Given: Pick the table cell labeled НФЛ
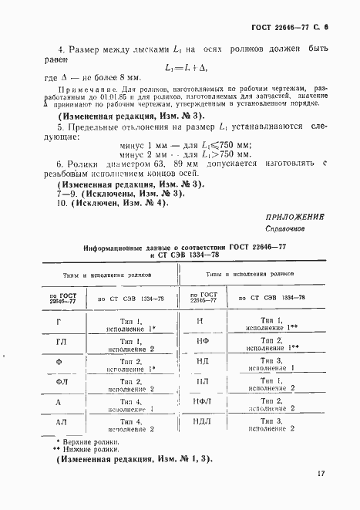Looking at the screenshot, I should click(201, 402).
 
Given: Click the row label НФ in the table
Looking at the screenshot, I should click(201, 341).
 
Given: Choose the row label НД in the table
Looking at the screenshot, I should click(201, 362).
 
